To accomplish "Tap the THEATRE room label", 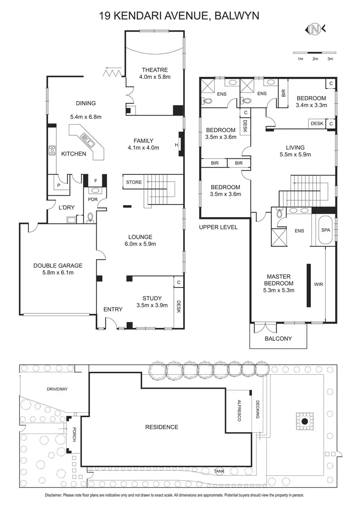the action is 154,70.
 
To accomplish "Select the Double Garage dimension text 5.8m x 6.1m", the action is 58,272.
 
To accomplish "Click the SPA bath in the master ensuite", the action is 325,229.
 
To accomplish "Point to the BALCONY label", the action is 278,339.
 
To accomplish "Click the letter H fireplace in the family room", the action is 176,144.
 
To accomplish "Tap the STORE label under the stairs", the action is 134,182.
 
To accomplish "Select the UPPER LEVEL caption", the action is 218,227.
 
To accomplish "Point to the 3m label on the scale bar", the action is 330,59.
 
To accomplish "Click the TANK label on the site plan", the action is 219,471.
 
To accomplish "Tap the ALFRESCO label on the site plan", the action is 239,410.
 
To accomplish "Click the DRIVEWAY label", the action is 57,389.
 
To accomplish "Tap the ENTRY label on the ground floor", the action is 113,309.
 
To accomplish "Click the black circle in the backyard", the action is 305,421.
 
